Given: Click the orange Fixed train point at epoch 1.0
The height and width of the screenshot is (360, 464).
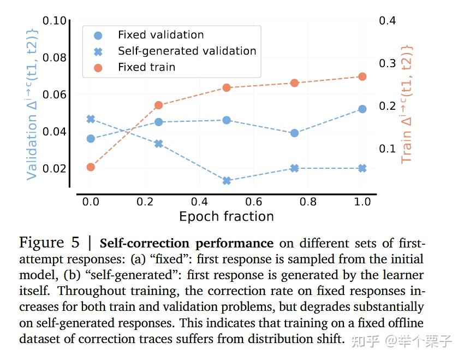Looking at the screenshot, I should point(362,76).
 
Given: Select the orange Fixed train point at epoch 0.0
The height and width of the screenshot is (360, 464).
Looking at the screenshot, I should point(91,167).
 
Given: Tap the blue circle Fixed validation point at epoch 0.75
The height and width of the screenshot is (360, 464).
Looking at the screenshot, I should point(294,133).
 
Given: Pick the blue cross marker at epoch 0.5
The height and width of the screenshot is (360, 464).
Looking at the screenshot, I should point(227,180).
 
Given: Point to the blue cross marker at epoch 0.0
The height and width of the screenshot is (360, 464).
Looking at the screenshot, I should point(91,119).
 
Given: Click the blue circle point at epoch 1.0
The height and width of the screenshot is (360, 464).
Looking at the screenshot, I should point(362,109).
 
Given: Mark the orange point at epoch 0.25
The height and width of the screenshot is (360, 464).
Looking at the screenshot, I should point(158,105).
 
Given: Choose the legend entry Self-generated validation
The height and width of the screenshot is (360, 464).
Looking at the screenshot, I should point(187,51).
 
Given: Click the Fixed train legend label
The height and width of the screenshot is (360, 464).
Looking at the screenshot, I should point(146,67).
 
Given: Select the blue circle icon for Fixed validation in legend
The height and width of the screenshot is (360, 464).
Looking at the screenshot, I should point(98,36).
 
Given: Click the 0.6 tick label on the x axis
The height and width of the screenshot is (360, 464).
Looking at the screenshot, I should point(254,202).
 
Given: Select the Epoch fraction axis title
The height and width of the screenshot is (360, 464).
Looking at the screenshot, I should point(226,216).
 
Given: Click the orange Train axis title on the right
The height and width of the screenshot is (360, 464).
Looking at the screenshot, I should point(407,104).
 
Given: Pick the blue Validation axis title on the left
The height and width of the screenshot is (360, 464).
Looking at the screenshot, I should point(32,104).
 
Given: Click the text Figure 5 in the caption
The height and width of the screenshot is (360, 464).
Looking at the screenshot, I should point(49,243).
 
